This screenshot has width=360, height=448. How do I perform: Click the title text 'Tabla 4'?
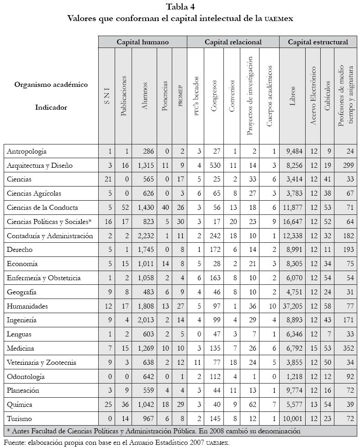[180, 6]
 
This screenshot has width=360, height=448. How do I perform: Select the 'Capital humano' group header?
[142, 42]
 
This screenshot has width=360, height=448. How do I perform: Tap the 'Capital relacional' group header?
[233, 42]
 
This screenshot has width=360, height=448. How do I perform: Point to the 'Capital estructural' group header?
[318, 42]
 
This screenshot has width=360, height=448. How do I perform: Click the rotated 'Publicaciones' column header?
[123, 96]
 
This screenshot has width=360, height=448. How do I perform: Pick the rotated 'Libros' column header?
[292, 96]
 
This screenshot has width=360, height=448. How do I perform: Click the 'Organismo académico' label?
[51, 85]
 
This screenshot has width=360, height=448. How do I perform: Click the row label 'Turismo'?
[20, 419]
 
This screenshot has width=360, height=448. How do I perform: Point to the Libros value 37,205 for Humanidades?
[292, 306]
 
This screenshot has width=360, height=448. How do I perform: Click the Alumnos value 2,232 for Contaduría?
[144, 236]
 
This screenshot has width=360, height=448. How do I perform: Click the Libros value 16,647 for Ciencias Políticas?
[292, 222]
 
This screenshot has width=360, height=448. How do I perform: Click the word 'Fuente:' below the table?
[15, 442]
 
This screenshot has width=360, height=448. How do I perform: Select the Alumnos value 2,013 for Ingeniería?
[144, 320]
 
